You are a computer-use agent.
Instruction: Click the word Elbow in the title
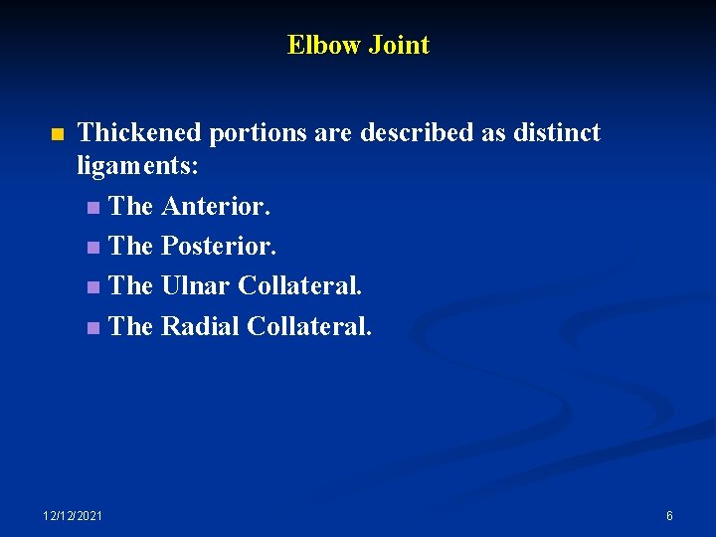coord(324,45)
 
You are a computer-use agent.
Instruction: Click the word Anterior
coord(215,207)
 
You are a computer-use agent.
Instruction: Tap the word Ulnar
coord(195,286)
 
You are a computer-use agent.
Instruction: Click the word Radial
coord(200,326)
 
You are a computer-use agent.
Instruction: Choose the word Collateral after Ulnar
coord(300,286)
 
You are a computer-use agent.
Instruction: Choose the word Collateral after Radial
coord(309,326)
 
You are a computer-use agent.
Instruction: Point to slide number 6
coord(669,515)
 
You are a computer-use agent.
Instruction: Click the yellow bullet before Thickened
coord(57,134)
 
